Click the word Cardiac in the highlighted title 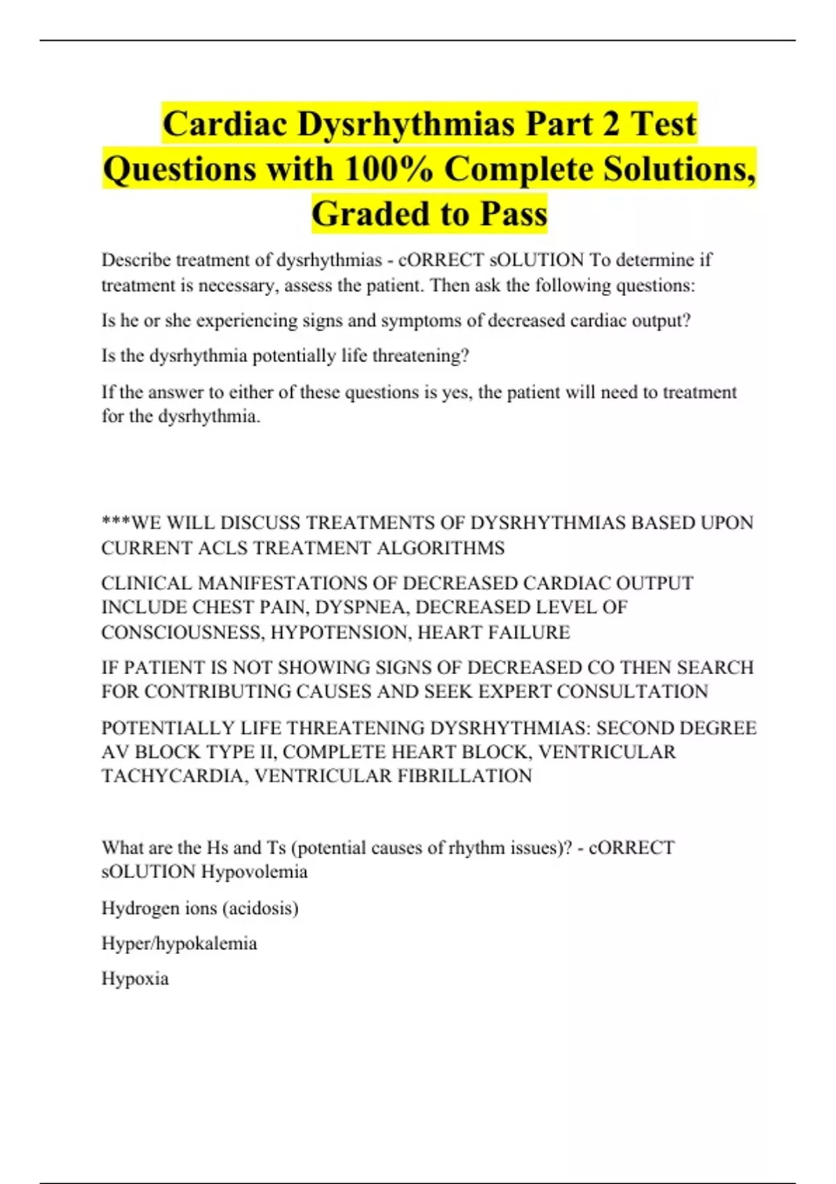pos(225,124)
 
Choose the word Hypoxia pos(135,979)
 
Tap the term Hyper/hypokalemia pos(179,944)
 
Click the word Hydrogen pos(140,908)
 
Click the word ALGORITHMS pos(440,548)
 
